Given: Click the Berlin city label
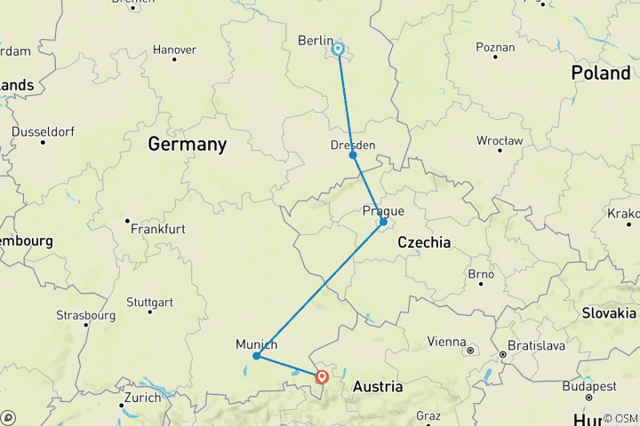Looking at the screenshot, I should [315, 41].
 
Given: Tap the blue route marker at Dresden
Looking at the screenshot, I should [353, 155].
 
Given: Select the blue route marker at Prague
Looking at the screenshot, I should [383, 222].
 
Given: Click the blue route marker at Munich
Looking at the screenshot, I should [256, 356].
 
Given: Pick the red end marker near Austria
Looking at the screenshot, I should [322, 376].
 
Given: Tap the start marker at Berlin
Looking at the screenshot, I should [339, 49].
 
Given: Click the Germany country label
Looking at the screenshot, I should [187, 144].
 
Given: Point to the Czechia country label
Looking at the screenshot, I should [424, 242].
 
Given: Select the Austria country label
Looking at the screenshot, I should [378, 387].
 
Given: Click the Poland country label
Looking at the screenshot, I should [600, 73].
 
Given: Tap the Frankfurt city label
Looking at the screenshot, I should [157, 229].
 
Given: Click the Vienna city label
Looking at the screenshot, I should [446, 342].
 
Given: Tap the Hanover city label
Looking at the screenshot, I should [174, 50].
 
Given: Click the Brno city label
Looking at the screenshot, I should [480, 273].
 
